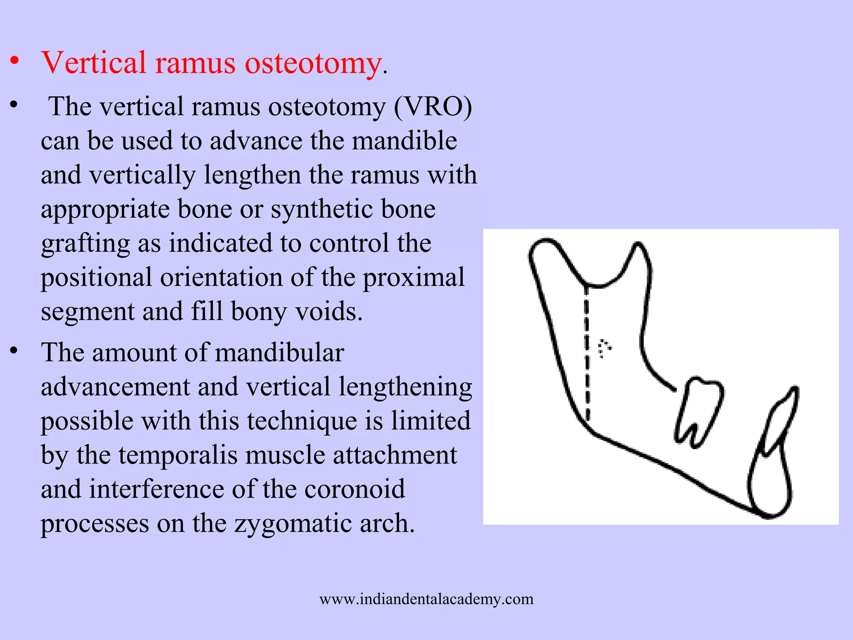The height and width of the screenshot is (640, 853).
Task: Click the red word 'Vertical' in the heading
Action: click(94, 63)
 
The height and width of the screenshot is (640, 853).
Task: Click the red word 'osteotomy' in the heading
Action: click(313, 63)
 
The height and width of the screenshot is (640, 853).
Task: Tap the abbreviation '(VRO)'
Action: click(433, 107)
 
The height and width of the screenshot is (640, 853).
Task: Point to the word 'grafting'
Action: click(85, 244)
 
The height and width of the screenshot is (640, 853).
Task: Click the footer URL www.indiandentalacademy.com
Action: click(426, 599)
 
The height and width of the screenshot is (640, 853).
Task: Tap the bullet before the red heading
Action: click(15, 61)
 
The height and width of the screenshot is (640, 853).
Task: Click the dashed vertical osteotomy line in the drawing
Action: click(586, 354)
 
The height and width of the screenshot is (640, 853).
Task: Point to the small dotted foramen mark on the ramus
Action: click(604, 348)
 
